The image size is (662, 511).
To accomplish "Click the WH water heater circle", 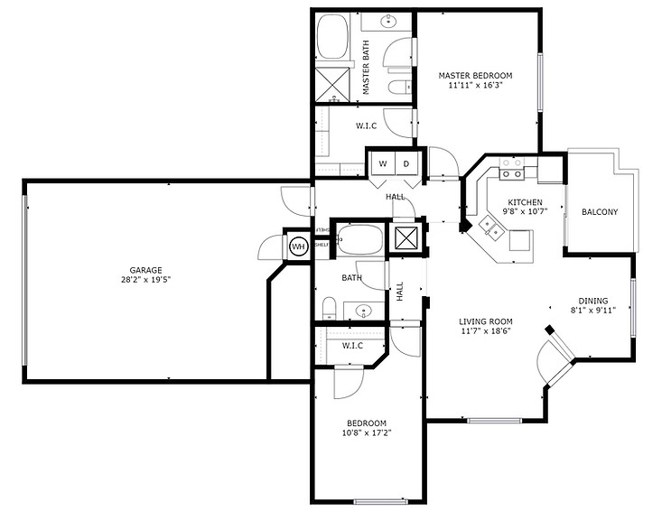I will pos(297,246).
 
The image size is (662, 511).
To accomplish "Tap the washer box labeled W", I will pos(382,163).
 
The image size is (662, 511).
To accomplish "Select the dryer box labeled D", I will pos(406,163).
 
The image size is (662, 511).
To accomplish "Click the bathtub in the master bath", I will pos(336,35).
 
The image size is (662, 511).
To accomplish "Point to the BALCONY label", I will pos(600,212).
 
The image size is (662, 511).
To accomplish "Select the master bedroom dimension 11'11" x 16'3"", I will pos(475,87).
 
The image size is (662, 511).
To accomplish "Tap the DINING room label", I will pos(593,302).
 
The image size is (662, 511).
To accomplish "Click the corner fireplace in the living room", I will pos(554,357).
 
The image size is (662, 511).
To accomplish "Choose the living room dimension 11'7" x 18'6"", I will pos(485,332).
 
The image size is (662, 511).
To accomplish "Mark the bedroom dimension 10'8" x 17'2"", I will pos(367,433).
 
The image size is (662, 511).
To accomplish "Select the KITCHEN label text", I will pos(524,202).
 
